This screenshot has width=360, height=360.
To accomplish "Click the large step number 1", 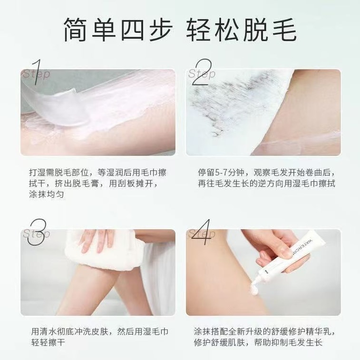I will click(x=37, y=74).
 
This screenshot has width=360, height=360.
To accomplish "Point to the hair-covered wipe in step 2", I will click(x=228, y=109).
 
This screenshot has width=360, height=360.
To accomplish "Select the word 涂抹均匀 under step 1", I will click(x=48, y=195).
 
